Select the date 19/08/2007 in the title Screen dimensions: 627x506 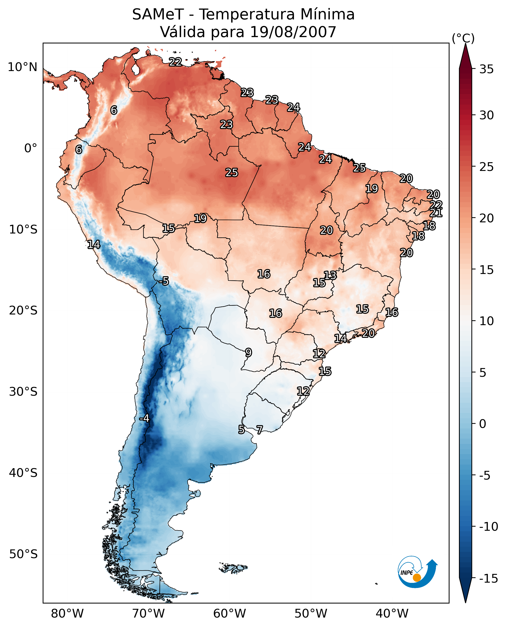[293, 32]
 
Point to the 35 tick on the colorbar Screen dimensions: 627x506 [486, 69]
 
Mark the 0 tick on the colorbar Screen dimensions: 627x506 [483, 424]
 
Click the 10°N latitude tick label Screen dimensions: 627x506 [23, 67]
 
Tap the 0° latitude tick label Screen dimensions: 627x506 [31, 148]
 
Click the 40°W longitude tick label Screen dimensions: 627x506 [392, 614]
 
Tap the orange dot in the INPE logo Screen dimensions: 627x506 [417, 578]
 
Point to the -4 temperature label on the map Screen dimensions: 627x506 [144, 418]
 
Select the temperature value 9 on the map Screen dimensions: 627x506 [248, 353]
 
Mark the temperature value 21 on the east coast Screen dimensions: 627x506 [436, 213]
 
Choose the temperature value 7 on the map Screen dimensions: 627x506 [259, 429]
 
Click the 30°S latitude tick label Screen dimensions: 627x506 [23, 392]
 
